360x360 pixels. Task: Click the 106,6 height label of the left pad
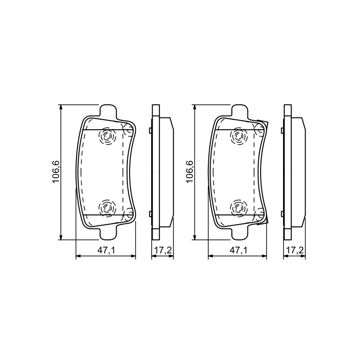tap(56, 172)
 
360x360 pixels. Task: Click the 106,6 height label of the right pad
tap(190, 172)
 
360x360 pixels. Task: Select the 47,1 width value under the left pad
tap(106, 251)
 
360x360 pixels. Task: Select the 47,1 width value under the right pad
tap(239, 251)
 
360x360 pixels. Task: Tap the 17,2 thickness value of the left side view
tap(163, 251)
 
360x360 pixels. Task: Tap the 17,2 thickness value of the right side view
tap(295, 251)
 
